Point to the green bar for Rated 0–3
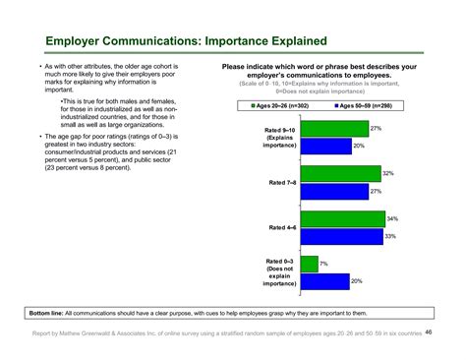309,264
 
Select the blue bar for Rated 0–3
325,281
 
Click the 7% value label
323,264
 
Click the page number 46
429,332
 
